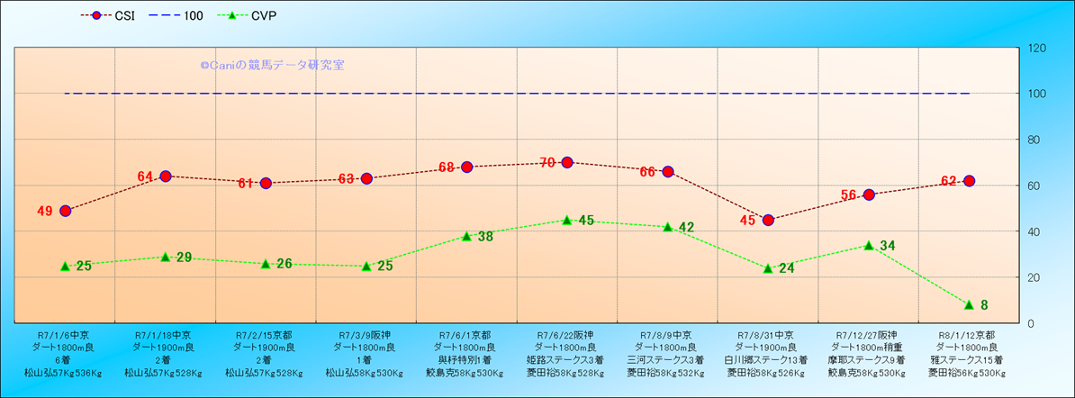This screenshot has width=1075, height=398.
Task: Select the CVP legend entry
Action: (x=252, y=15)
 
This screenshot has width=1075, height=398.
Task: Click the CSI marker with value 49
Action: (x=65, y=211)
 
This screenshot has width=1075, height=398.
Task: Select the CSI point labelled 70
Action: (x=567, y=162)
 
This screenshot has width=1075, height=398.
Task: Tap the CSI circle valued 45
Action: (x=768, y=220)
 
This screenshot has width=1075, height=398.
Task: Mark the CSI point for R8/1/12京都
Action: (x=969, y=181)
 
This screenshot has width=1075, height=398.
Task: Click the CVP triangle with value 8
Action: (x=969, y=304)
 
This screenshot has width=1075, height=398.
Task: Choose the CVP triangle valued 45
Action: (x=567, y=220)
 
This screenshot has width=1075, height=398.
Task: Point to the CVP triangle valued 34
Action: (x=869, y=245)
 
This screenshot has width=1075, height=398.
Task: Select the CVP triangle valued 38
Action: (x=466, y=236)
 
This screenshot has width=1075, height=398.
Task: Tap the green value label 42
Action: (x=686, y=228)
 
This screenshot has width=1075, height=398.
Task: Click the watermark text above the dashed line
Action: (x=272, y=66)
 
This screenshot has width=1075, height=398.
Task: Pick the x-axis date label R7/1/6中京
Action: (x=64, y=333)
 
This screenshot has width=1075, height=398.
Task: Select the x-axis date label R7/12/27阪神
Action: (x=868, y=333)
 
